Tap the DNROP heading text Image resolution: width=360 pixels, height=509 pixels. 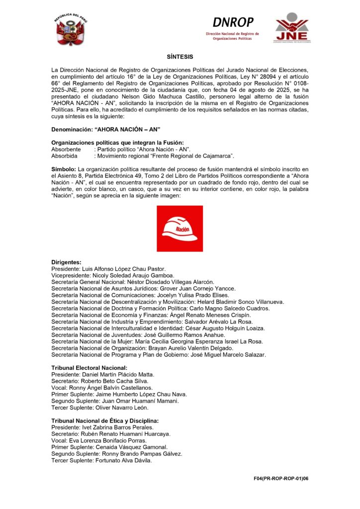[233, 22]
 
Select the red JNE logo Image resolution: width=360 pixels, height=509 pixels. [292, 28]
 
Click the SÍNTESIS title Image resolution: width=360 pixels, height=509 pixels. [180, 57]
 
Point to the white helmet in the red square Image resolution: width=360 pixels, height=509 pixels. [180, 228]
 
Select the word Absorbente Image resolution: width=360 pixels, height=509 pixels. [66, 149]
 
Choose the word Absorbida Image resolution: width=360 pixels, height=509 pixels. [65, 156]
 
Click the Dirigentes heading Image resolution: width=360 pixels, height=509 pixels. [66, 262]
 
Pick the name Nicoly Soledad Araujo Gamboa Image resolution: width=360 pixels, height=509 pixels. [132, 275]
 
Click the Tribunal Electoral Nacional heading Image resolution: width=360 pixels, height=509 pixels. [89, 367]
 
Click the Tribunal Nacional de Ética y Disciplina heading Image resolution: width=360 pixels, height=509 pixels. [105, 421]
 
